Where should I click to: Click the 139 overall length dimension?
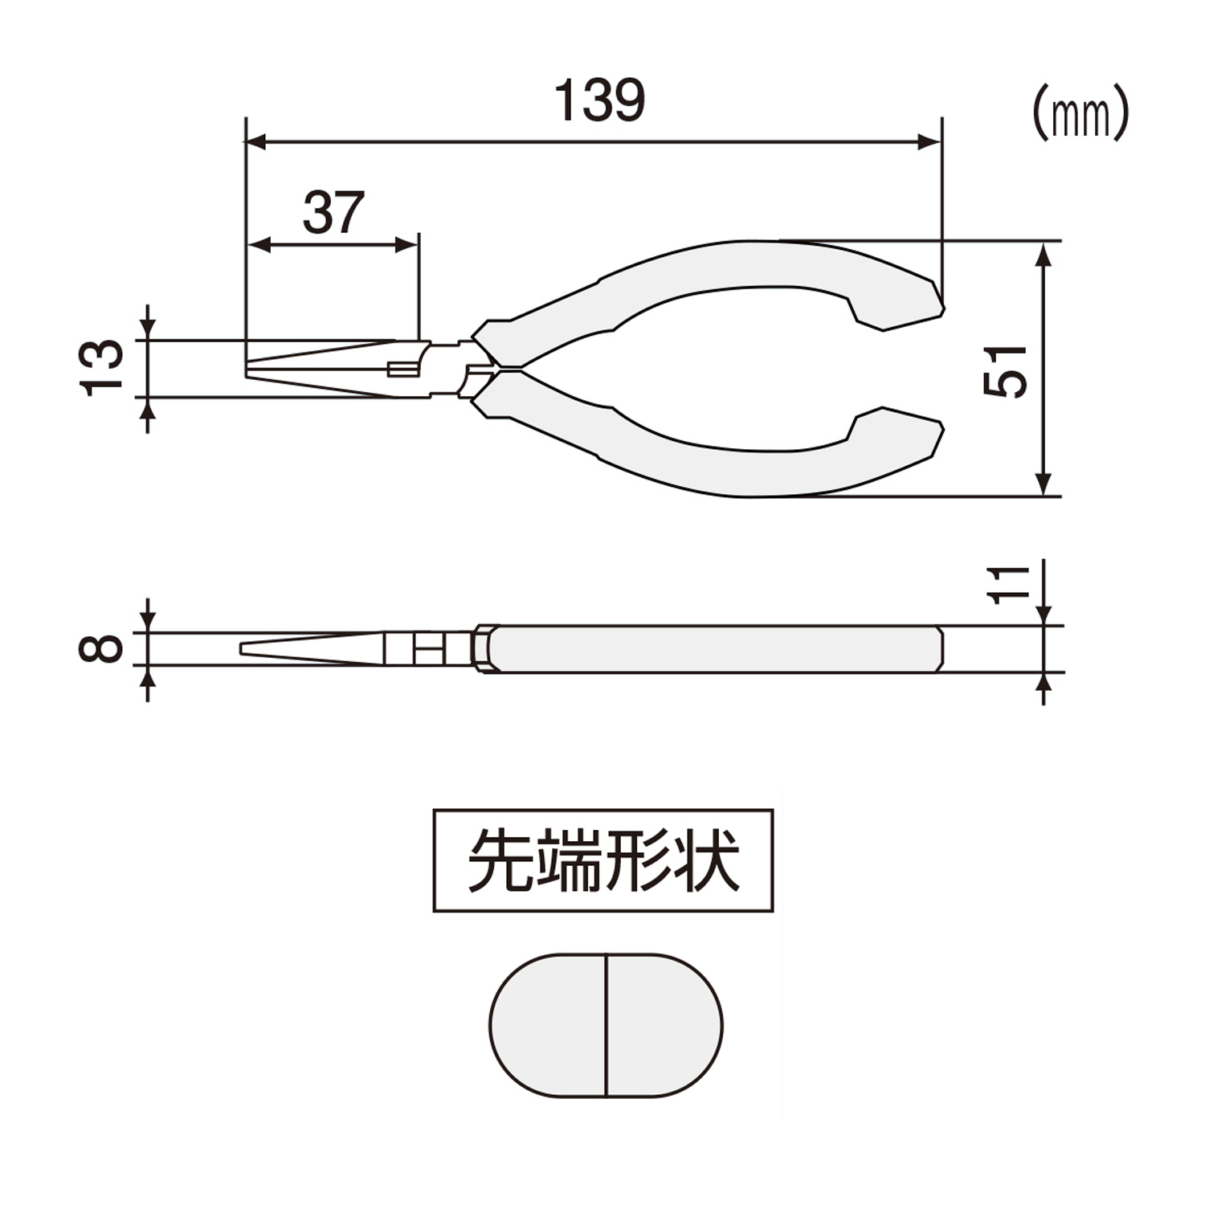[x=600, y=100]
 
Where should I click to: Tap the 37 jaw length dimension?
[x=333, y=213]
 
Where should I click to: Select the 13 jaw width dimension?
[x=102, y=368]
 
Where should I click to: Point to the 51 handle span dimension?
[x=1005, y=370]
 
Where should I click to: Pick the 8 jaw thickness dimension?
[x=101, y=647]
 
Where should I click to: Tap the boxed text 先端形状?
[x=603, y=860]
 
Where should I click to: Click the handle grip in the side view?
[x=715, y=648]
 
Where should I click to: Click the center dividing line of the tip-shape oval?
[x=607, y=1025]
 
